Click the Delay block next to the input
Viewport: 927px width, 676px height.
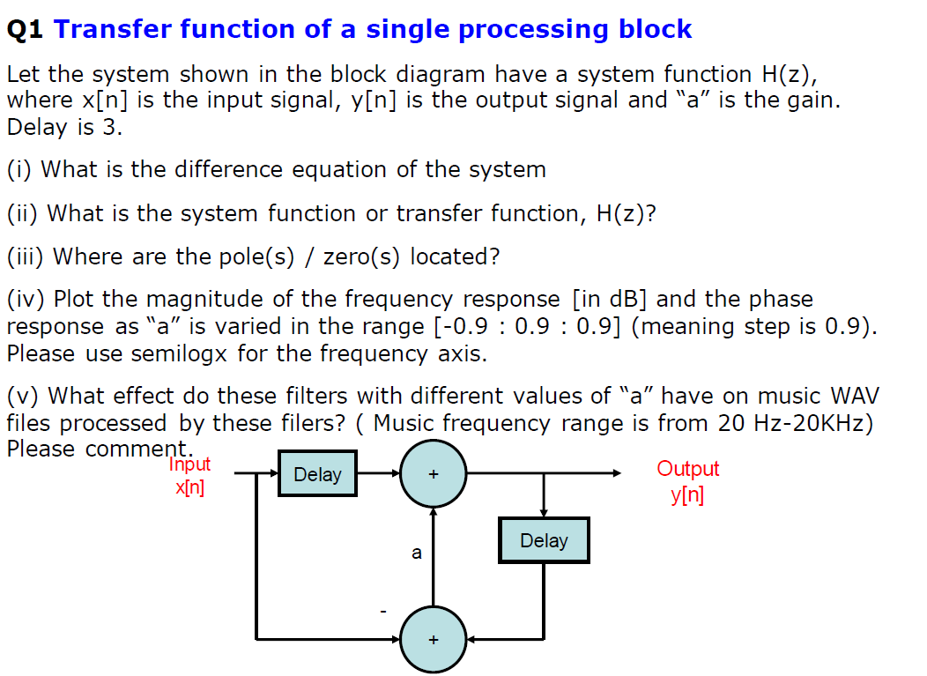click(x=317, y=474)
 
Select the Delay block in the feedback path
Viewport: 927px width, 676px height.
click(x=544, y=540)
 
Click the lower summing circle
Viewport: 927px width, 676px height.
click(x=433, y=639)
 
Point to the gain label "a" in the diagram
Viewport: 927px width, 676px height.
click(x=417, y=553)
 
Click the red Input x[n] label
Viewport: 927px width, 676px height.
click(x=189, y=476)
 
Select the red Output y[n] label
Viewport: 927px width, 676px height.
click(x=687, y=481)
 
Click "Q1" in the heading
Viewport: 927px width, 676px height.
click(x=25, y=29)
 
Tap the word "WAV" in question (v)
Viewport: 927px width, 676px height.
click(x=854, y=396)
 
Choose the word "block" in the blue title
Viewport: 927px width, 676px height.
click(x=655, y=29)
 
